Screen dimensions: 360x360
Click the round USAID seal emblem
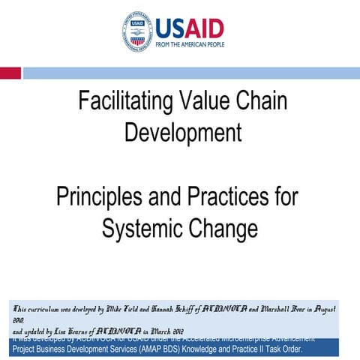(138, 30)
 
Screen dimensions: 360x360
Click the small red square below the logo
(10, 73)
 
